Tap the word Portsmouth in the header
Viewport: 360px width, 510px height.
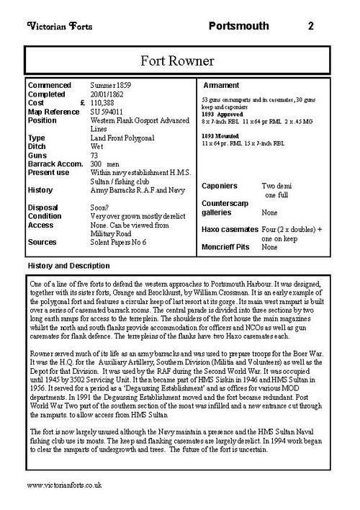(238, 27)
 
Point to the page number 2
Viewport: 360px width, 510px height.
(310, 27)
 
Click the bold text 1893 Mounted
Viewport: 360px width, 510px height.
(220, 137)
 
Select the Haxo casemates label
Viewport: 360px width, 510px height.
(230, 228)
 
